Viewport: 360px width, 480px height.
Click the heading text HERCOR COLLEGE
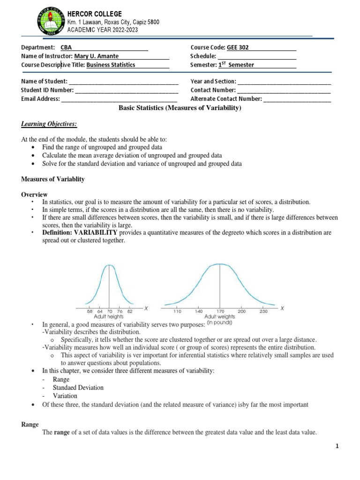click(x=95, y=14)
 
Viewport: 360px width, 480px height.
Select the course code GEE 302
click(x=238, y=47)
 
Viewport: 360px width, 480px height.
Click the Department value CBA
click(x=66, y=47)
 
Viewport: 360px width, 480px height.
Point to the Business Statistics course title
click(x=111, y=65)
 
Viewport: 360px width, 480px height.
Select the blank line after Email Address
click(x=119, y=99)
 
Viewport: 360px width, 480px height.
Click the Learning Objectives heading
click(x=49, y=124)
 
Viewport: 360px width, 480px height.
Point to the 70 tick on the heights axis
click(x=110, y=311)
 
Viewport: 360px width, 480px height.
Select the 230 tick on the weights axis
click(x=263, y=311)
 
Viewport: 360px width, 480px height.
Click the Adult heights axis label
click(x=110, y=317)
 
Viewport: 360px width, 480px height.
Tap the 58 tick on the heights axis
click(x=90, y=311)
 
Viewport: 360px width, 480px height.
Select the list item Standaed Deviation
click(x=78, y=388)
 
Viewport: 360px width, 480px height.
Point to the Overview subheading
click(x=34, y=195)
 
